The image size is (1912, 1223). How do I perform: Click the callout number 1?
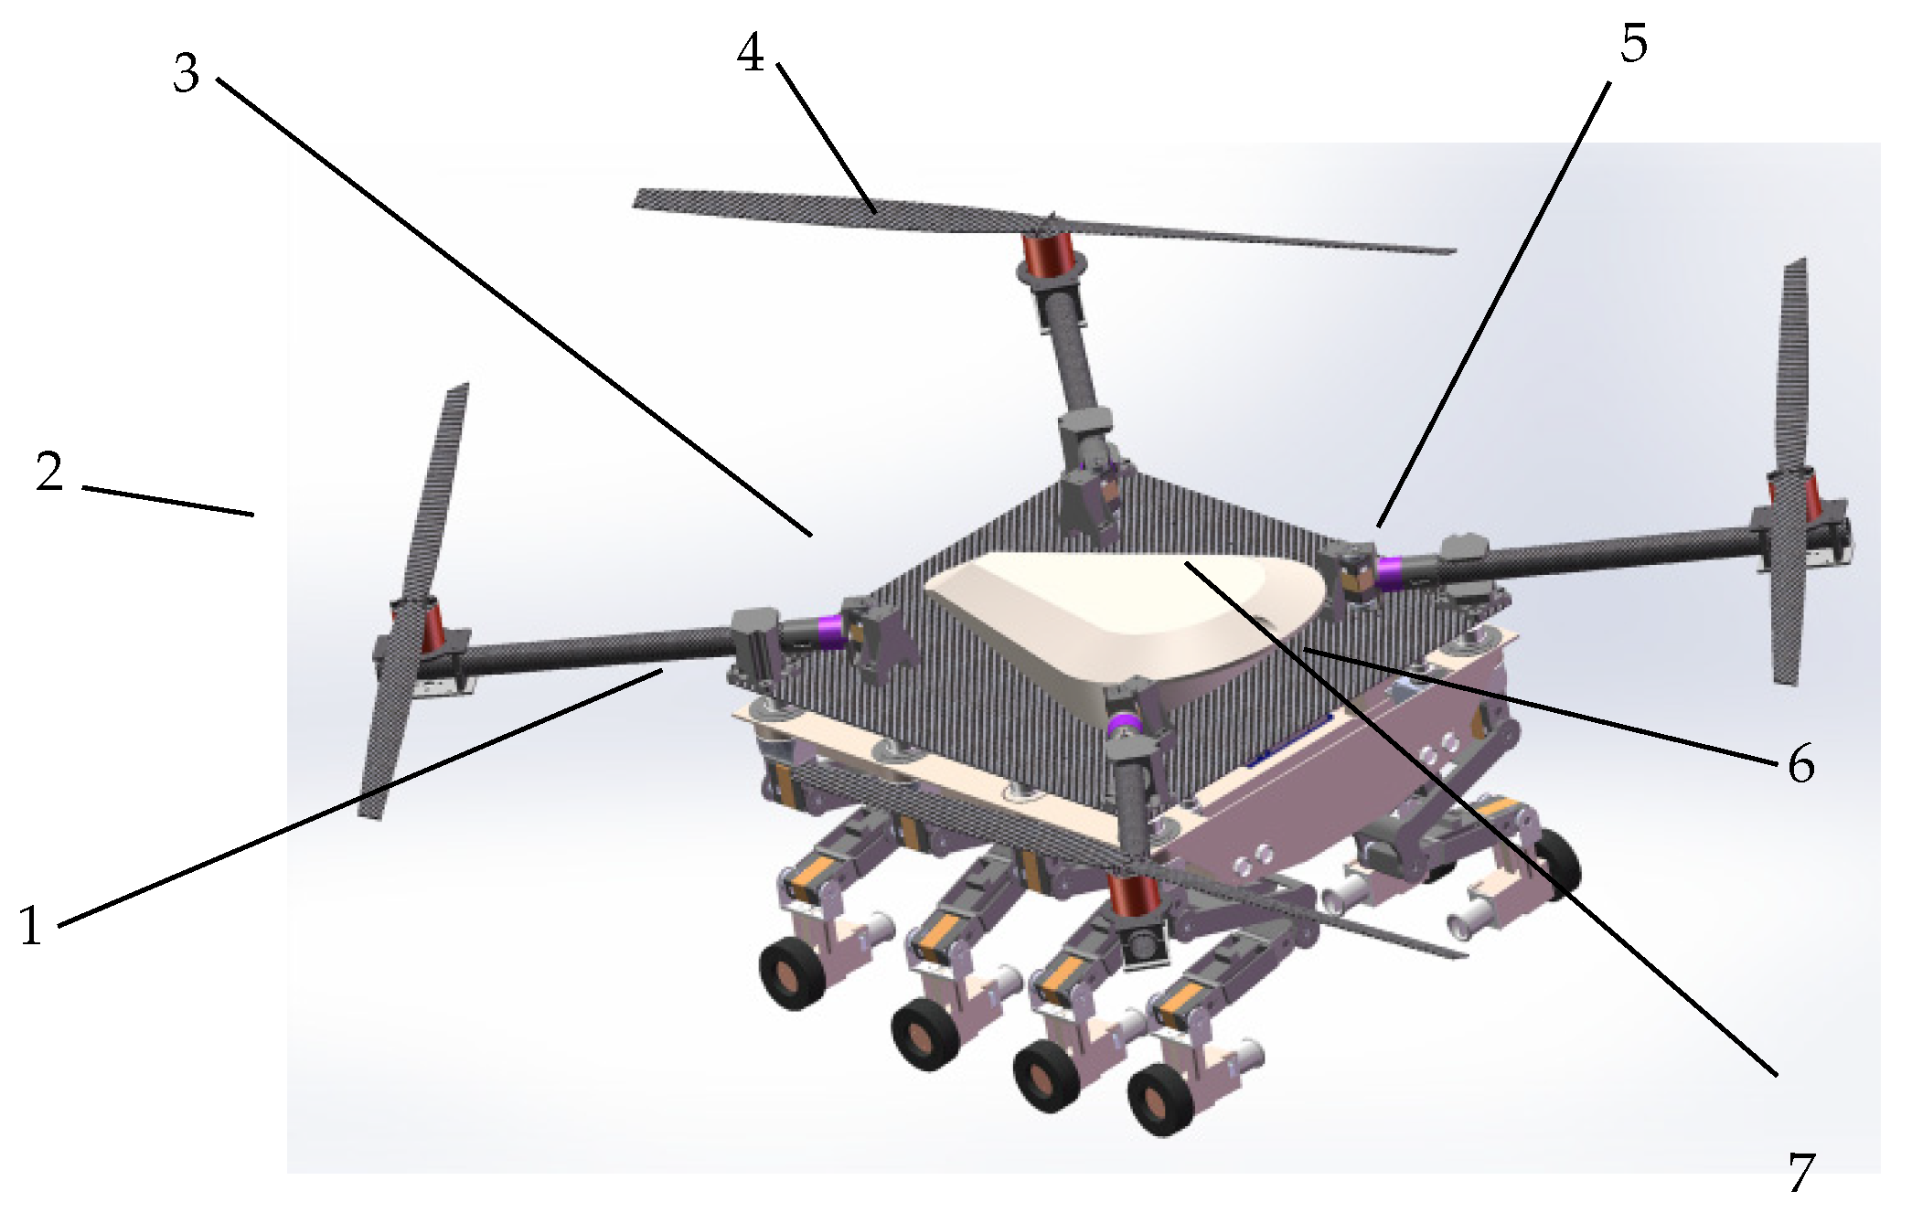pos(31,925)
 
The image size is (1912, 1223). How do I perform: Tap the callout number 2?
pos(49,472)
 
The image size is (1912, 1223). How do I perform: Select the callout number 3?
pos(187,73)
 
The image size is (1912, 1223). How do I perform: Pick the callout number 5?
pos(1633,43)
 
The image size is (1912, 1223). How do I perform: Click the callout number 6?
pos(1800,764)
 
